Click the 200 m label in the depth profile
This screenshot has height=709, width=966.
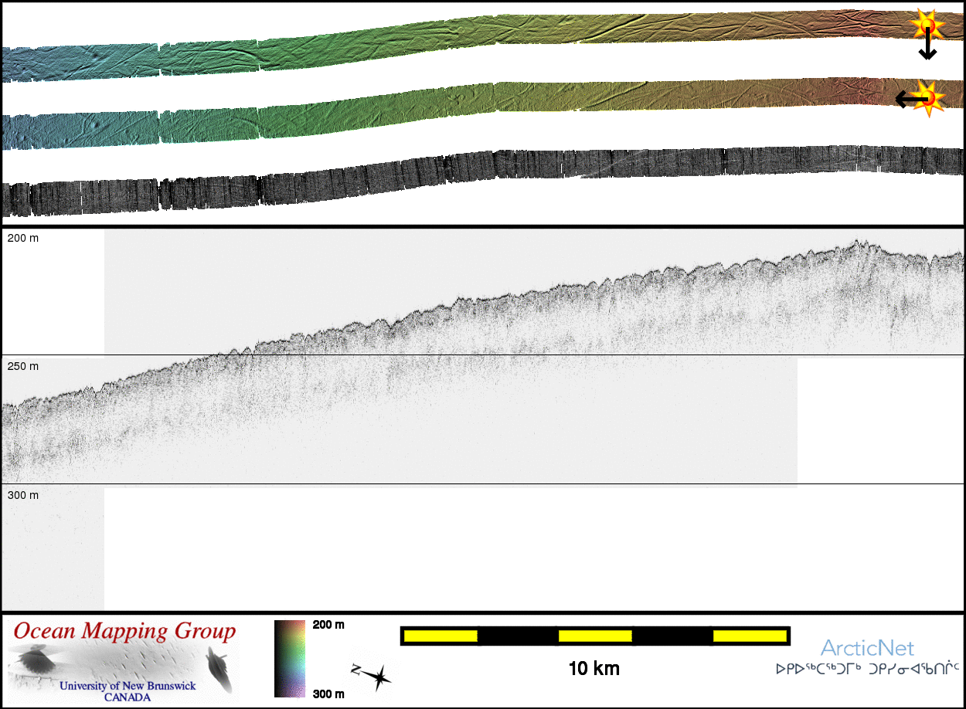tap(23, 239)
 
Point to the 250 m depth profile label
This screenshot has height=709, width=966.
tap(23, 366)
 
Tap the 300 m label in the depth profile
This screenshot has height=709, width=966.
tap(23, 495)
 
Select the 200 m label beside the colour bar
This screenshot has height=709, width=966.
tap(328, 625)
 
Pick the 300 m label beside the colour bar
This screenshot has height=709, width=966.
tap(328, 694)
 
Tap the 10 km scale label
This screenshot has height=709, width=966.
tap(594, 668)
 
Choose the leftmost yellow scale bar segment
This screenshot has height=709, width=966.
tap(440, 636)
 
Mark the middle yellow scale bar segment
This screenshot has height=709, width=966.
tap(594, 636)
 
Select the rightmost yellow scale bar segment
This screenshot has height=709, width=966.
tap(750, 636)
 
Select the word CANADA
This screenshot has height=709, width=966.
tap(128, 697)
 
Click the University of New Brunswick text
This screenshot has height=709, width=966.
tap(128, 686)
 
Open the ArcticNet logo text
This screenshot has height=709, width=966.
tap(867, 648)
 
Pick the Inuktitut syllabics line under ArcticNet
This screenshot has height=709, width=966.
tap(867, 668)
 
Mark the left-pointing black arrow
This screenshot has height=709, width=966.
tap(910, 99)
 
